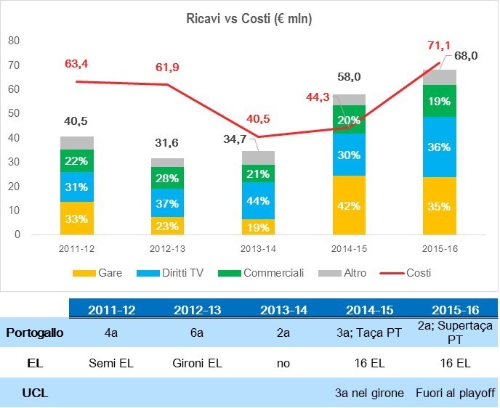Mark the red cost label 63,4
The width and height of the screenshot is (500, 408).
[x=76, y=65]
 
